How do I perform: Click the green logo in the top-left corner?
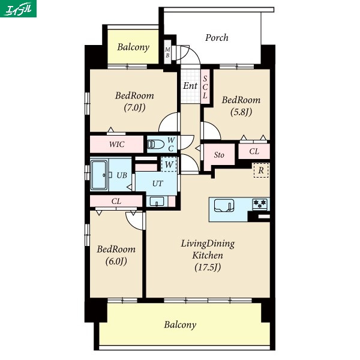coord(18,8)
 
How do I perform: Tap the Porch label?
coord(217,38)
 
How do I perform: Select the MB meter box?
coord(167,52)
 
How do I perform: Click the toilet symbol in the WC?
coord(155,145)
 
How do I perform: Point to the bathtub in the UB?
coord(99,175)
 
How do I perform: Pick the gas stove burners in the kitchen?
coord(260,204)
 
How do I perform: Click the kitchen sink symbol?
coord(224,205)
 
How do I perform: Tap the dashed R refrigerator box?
coord(261,170)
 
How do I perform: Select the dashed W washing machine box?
coord(169,164)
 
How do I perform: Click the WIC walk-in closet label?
coord(116,145)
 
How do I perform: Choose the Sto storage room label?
coord(219,155)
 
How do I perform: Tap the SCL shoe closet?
coord(205,87)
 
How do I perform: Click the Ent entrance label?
coord(190,86)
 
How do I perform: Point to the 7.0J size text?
coord(134,107)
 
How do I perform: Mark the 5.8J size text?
coord(241,112)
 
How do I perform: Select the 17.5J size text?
coord(208,267)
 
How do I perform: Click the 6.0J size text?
coord(116,261)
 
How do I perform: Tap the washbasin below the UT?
coord(157,202)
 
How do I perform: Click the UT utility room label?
coord(157,184)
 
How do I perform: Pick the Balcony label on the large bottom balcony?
coord(180,325)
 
